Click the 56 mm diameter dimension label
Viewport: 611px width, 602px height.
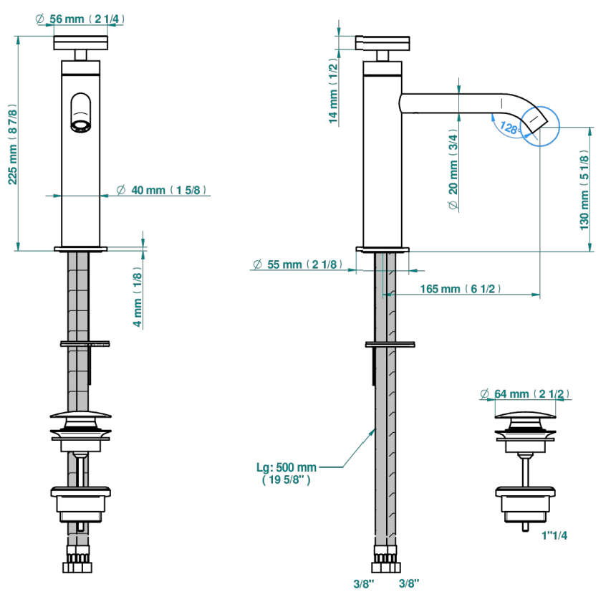[80, 19]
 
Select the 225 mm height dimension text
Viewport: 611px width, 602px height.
[13, 144]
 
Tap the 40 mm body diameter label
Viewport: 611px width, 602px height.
[161, 190]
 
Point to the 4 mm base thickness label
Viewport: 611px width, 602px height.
[138, 297]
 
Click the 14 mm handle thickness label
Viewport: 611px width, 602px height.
[333, 91]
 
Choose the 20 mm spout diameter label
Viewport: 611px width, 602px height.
[453, 169]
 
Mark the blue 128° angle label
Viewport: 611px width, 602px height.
[510, 128]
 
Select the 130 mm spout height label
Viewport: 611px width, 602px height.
[584, 190]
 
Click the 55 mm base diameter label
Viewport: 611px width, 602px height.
[298, 264]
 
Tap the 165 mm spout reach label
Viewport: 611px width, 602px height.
[460, 289]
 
